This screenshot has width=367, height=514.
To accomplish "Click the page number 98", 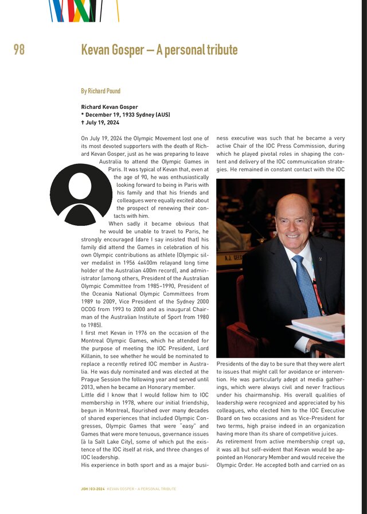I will [19, 50].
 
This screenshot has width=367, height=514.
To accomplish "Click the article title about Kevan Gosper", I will [159, 50].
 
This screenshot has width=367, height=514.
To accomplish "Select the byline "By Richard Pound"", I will [100, 91].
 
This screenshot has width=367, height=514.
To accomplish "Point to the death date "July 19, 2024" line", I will [102, 123].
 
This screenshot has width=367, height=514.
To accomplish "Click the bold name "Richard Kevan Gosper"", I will [109, 107].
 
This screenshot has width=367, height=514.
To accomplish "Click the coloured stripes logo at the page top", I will [84, 10].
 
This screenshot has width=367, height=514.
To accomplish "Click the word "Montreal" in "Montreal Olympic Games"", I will [95, 340].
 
